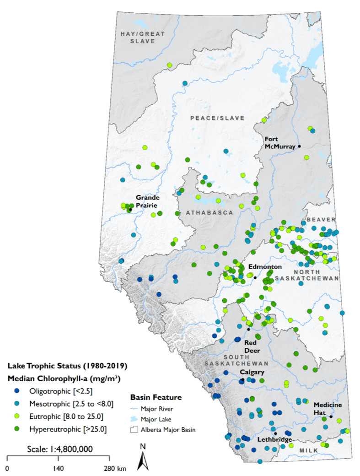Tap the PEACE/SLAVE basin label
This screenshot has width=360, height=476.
pyautogui.click(x=217, y=118)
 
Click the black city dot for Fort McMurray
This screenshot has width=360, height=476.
pyautogui.click(x=300, y=146)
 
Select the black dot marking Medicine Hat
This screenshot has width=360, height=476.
pyautogui.click(x=331, y=417)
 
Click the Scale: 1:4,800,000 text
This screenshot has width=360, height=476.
pyautogui.click(x=60, y=449)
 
